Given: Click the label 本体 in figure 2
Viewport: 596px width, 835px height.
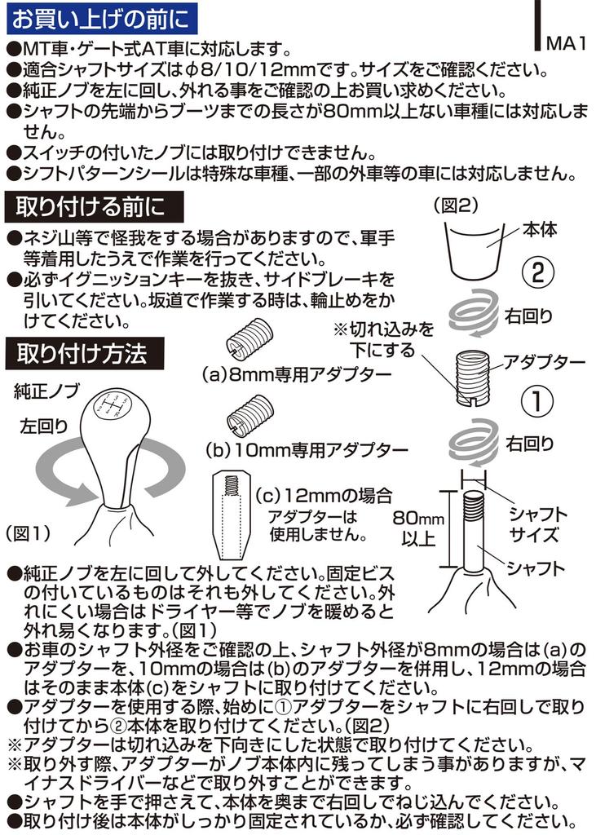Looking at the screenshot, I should (x=540, y=231).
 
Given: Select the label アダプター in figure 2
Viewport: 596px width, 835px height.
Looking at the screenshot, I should (x=544, y=361).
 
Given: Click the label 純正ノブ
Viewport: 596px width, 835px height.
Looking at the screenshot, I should (x=46, y=391).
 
